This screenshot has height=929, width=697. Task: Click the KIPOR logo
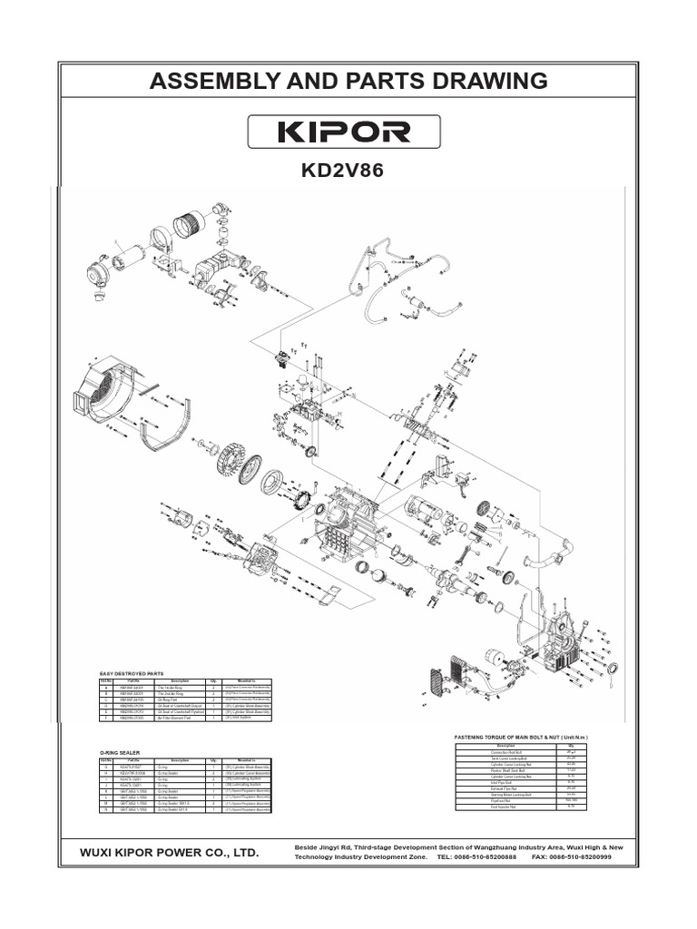[348, 132]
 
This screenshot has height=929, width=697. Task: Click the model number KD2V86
[348, 171]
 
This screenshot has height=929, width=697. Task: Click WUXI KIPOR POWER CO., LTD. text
[169, 854]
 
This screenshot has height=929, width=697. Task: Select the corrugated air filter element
[191, 222]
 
